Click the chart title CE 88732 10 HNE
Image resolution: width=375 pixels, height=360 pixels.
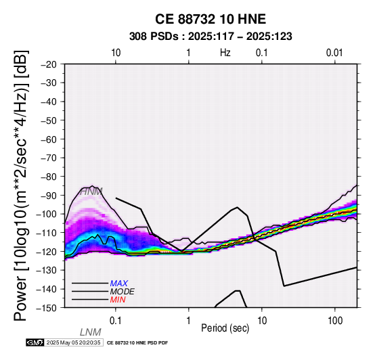point(211,19)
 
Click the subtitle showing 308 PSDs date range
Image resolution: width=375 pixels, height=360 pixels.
point(211,37)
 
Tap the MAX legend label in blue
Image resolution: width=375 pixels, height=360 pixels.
point(119,284)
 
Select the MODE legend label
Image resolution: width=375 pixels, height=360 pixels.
point(123,292)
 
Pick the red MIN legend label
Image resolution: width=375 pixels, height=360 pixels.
point(118,300)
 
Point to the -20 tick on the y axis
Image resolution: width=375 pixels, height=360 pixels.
point(49,64)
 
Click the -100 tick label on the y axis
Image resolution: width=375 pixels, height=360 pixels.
point(47,214)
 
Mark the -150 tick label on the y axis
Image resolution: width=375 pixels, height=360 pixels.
point(47,307)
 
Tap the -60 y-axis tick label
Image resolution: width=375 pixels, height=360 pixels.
point(49,139)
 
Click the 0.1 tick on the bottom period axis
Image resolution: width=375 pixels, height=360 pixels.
point(116,321)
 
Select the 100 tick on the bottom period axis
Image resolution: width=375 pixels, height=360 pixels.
point(335,321)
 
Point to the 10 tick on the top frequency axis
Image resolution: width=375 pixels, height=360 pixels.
point(116,53)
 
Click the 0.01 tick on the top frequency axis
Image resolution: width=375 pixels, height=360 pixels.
point(334,53)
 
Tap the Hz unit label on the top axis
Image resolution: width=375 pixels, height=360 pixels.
point(225,53)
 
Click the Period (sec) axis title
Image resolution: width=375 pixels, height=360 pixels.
point(225,328)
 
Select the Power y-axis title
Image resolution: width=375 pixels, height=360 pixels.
point(21,185)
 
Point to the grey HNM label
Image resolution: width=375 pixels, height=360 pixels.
point(91,192)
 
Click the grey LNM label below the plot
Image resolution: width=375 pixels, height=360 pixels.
point(91,332)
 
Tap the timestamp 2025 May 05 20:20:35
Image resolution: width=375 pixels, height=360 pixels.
point(73,342)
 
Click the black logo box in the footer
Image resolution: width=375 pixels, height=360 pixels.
point(35,342)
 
